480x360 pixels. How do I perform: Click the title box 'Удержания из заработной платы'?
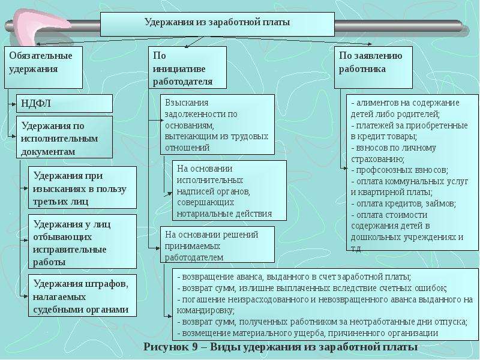tap(217, 24)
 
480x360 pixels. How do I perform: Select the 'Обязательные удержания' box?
tap(43, 67)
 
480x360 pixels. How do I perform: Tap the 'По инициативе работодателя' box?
tap(187, 67)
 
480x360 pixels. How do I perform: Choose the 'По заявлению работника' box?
tap(373, 67)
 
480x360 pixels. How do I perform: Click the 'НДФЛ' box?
tap(64, 103)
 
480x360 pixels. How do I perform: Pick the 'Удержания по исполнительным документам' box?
tap(64, 137)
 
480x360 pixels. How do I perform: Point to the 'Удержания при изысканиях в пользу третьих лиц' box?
tap(82, 188)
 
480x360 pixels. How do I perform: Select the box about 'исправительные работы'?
tap(82, 242)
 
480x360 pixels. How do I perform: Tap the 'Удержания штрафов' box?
tap(82, 295)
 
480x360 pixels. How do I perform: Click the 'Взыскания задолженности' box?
tap(217, 124)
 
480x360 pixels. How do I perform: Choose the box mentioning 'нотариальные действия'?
tap(229, 190)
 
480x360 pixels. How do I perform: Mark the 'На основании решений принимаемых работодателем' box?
tap(217, 245)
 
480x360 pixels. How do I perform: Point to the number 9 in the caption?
tap(196, 347)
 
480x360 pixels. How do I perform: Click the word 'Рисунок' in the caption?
tap(166, 347)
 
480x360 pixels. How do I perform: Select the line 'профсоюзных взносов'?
tap(400, 170)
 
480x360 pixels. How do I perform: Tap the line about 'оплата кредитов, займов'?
tap(403, 203)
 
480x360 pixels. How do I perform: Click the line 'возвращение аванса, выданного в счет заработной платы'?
tap(294, 277)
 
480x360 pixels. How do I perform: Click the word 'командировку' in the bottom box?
tap(206, 311)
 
